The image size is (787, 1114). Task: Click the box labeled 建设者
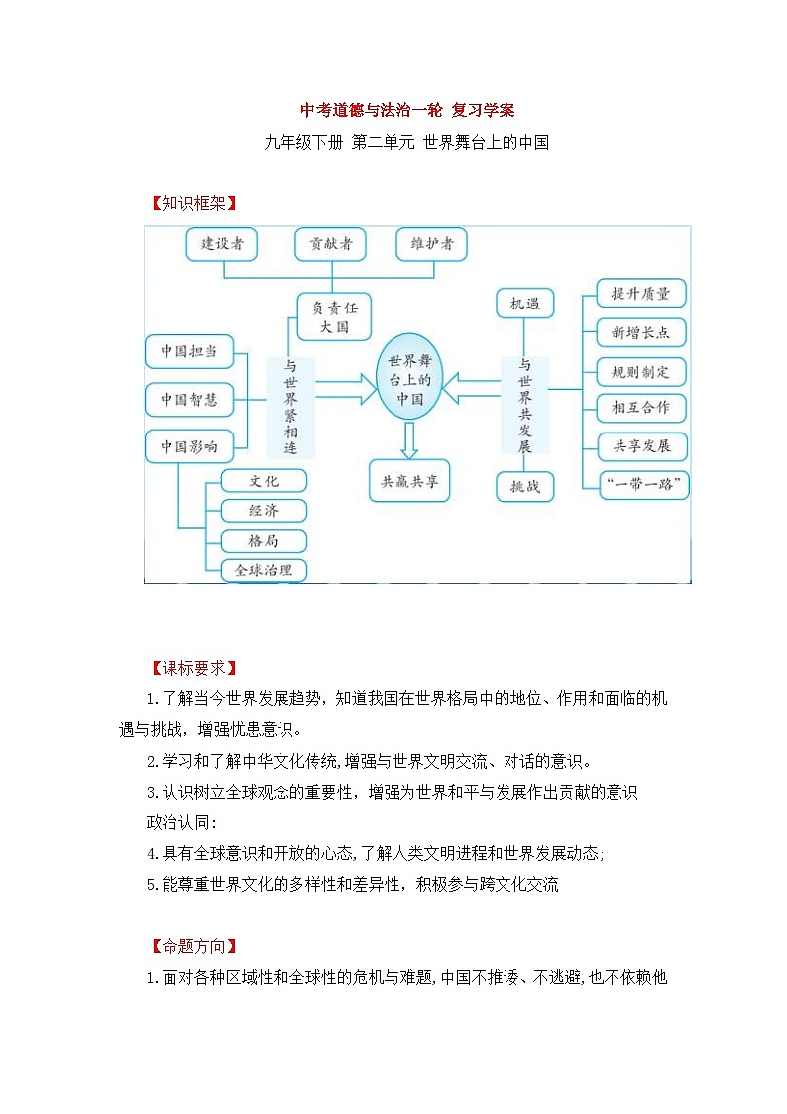pos(223,244)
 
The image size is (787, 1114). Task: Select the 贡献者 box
pos(331,244)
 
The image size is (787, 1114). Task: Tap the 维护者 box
pos(431,244)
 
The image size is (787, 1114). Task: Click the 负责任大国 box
pos(335,316)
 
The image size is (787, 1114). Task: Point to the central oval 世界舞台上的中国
pos(409,379)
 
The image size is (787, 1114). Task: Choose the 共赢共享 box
pos(409,482)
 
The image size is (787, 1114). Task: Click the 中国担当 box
pos(189,352)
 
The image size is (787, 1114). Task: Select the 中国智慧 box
pos(189,400)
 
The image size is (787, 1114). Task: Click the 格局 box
pos(264,541)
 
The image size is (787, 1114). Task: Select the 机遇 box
pos(524,304)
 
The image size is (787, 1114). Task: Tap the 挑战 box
pos(524,486)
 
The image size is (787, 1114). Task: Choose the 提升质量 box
pos(641,294)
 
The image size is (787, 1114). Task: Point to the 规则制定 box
pos(641,372)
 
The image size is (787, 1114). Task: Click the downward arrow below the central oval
pos(409,438)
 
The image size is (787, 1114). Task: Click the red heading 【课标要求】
pos(191,667)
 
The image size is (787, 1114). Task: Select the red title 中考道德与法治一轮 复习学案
pos(407,110)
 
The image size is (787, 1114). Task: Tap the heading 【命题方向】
pos(191,946)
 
